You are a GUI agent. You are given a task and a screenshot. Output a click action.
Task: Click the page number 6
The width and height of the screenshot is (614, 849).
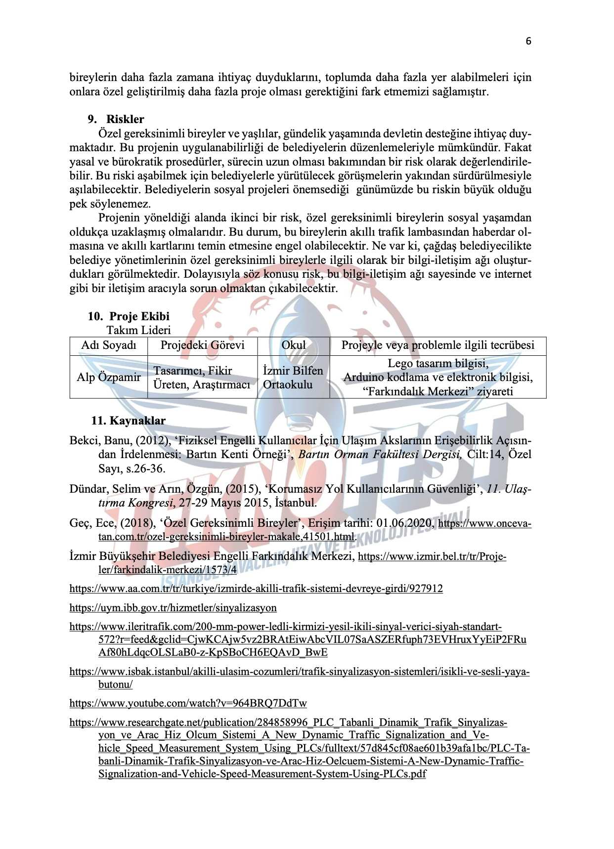tap(528, 41)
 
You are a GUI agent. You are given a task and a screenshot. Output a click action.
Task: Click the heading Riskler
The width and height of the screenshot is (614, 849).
tap(125, 119)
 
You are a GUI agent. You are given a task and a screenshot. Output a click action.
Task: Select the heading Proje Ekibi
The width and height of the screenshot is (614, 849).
tap(139, 316)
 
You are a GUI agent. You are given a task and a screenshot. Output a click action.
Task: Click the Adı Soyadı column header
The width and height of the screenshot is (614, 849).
tap(108, 345)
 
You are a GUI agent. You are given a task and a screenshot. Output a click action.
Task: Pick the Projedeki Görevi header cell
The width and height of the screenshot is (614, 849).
tap(202, 345)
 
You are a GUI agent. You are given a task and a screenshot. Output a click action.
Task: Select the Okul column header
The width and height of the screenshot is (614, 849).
tap(293, 345)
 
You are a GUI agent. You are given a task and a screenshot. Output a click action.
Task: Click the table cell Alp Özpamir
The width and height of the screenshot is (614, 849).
tap(108, 377)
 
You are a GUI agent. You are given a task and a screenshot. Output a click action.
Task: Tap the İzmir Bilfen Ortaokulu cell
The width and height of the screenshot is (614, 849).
tap(293, 378)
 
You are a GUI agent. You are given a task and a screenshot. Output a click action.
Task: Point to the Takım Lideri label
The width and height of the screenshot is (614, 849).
tap(138, 330)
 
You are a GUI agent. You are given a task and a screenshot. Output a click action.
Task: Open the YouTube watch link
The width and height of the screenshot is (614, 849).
tap(188, 703)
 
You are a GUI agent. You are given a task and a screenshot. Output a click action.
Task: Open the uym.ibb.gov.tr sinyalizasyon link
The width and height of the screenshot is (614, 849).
tap(173, 608)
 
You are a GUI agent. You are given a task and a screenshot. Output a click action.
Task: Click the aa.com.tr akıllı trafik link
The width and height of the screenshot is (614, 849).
tap(256, 589)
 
